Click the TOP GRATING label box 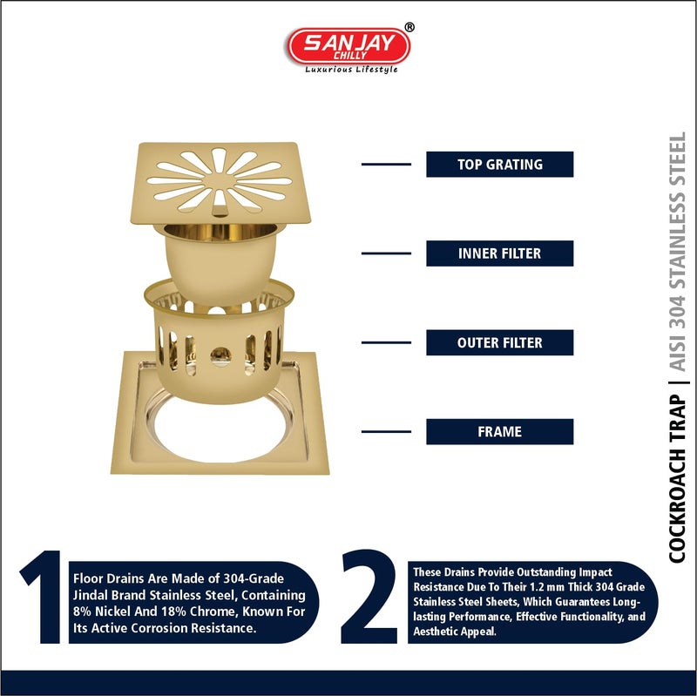tap(499, 165)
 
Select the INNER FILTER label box tap(499, 253)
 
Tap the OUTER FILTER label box tap(499, 342)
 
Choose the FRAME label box tap(499, 431)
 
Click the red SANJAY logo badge tap(348, 45)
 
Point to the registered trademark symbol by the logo tap(409, 27)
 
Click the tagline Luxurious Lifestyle tap(350, 70)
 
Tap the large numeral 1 tap(41, 598)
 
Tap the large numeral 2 tap(369, 598)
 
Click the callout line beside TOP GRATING tap(385, 164)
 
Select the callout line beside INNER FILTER tap(385, 253)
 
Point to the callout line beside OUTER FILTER tap(385, 342)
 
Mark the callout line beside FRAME tap(385, 431)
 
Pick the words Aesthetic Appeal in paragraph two tap(452, 632)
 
